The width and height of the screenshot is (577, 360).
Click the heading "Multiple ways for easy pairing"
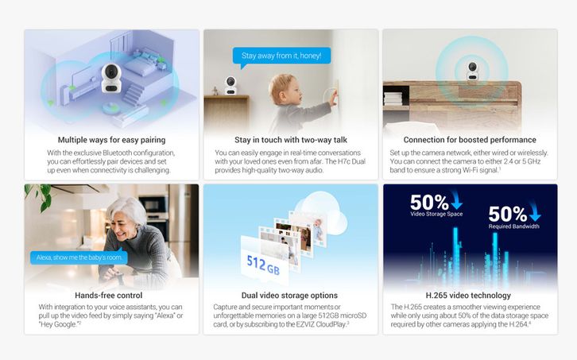[111, 140]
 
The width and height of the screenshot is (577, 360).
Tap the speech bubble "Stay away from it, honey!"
[281, 56]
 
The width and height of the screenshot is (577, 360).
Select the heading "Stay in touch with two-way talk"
[291, 140]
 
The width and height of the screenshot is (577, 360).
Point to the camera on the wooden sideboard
[472, 71]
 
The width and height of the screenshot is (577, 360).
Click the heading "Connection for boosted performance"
[470, 140]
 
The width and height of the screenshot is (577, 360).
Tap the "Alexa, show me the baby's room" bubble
[79, 257]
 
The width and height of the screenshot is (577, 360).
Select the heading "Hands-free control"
[109, 295]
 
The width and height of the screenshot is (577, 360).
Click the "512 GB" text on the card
[263, 265]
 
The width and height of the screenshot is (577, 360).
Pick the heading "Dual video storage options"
[289, 295]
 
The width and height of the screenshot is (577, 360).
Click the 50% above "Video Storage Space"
[429, 202]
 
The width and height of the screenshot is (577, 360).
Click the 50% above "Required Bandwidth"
[507, 214]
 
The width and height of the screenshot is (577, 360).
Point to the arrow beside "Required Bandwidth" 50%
[534, 211]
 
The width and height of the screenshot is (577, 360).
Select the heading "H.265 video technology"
[468, 295]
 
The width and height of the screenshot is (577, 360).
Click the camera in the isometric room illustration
[110, 78]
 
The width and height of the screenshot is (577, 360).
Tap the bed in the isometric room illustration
[141, 64]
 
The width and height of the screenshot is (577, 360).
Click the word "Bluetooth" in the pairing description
[118, 153]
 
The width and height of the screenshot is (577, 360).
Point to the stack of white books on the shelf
[393, 99]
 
